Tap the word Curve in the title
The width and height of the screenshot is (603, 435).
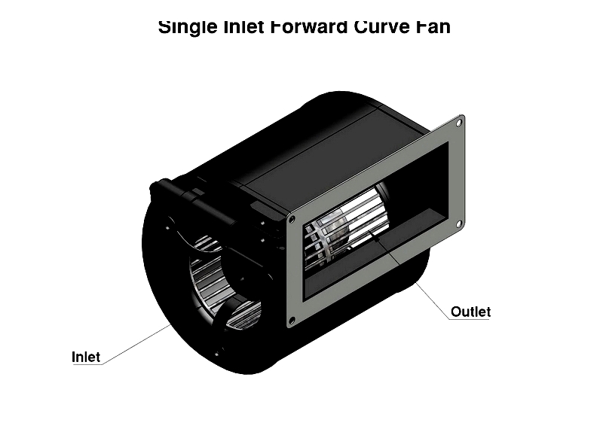point(382,27)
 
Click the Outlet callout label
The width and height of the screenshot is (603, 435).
point(470,312)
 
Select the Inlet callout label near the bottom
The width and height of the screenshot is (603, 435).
point(86,357)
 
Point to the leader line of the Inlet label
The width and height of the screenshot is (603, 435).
point(137,344)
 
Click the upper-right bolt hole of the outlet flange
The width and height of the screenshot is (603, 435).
point(459,123)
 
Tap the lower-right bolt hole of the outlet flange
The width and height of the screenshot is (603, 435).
point(459,224)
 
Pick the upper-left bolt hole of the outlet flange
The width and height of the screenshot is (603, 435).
point(292,220)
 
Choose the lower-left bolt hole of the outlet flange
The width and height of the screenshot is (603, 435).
point(292,320)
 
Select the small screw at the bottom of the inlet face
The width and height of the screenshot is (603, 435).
point(218,353)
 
